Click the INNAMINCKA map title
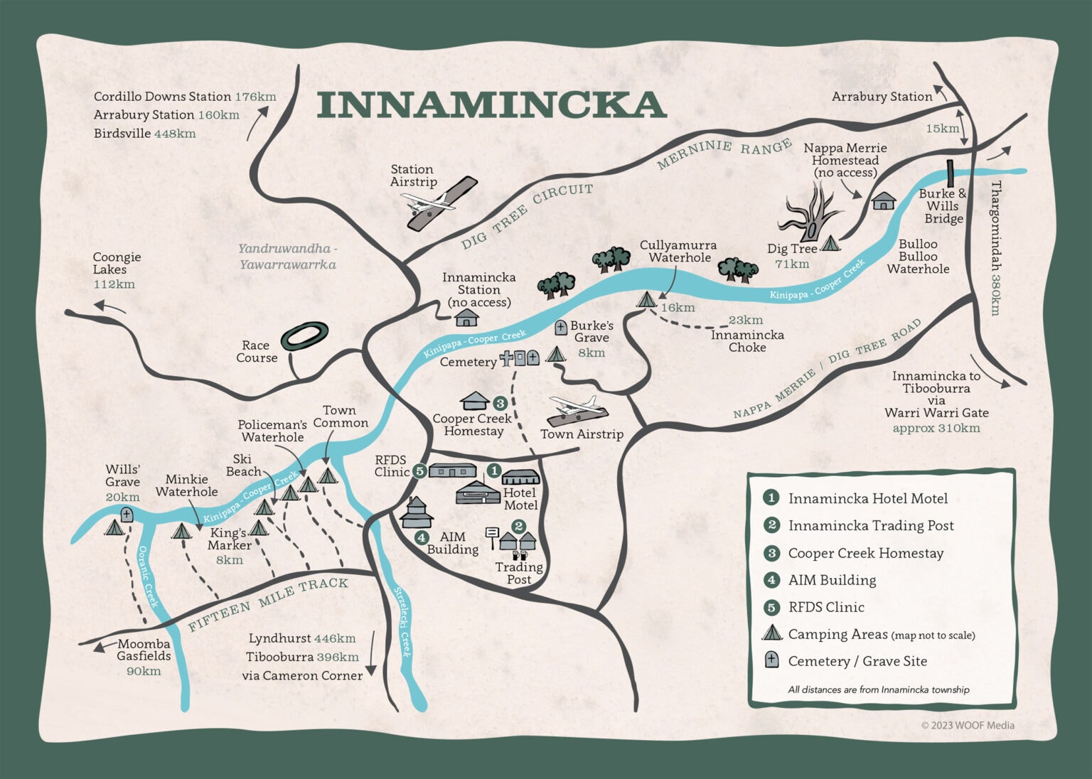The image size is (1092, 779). (x=491, y=104)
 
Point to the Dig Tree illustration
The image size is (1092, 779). (x=812, y=211)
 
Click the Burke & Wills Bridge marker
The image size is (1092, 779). (x=949, y=173)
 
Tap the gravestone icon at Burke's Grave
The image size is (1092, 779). (x=561, y=328)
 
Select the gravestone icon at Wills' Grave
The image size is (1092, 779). (x=127, y=515)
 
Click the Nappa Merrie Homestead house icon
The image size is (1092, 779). (x=883, y=201)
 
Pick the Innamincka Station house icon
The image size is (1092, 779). (x=466, y=317)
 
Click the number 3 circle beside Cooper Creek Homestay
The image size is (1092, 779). (x=500, y=403)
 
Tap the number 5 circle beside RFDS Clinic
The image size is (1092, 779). (x=419, y=471)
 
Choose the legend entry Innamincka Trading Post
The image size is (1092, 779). (x=870, y=526)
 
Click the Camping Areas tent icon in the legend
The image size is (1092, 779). (x=771, y=633)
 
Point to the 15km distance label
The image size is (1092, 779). (x=943, y=129)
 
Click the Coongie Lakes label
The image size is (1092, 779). (x=117, y=263)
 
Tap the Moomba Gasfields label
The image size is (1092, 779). (x=144, y=650)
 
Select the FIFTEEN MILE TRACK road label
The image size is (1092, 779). (x=268, y=604)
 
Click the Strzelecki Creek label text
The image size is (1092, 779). (x=402, y=622)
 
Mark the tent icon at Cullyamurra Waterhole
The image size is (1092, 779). (x=646, y=300)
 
